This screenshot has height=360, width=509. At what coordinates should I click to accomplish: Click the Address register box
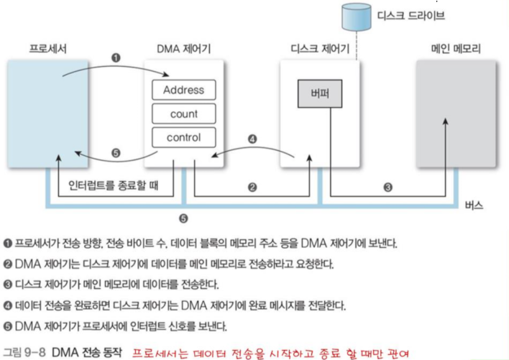coord(183,91)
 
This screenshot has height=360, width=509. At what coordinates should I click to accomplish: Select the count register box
coord(183,114)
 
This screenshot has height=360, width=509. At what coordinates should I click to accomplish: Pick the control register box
coord(183,137)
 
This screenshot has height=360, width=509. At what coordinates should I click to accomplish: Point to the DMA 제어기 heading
coord(183,48)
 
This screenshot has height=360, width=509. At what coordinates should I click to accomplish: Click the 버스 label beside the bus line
coord(472,204)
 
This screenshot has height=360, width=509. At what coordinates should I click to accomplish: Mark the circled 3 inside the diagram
coord(388,188)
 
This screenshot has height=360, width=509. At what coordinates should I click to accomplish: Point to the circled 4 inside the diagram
coord(251,139)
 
